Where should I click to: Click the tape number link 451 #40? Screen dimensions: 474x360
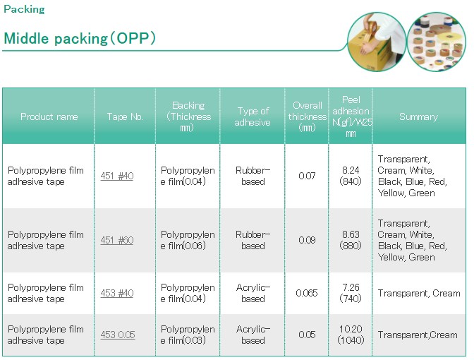click(117, 176)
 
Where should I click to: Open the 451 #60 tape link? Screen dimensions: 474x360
click(117, 240)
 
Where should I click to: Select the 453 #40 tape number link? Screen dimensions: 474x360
click(117, 293)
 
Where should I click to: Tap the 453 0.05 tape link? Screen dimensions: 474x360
click(118, 335)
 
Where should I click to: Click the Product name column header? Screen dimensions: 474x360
click(49, 116)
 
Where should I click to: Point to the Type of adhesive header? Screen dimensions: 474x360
click(253, 116)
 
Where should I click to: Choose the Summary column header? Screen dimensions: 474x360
click(419, 116)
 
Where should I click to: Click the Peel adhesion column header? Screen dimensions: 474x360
click(351, 116)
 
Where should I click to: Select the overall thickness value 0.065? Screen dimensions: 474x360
click(307, 293)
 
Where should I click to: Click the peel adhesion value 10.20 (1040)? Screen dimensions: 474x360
click(351, 335)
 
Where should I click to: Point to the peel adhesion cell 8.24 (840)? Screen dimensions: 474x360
click(351, 176)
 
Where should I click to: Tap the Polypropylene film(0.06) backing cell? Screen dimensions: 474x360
click(188, 240)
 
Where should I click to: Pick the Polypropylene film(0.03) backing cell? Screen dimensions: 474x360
click(188, 335)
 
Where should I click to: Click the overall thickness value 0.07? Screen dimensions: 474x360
click(307, 176)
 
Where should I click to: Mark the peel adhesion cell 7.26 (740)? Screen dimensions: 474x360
click(351, 293)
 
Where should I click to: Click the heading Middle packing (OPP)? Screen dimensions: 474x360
click(80, 38)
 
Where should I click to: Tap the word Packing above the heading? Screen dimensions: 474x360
click(24, 9)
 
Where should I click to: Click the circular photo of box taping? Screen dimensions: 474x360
click(377, 42)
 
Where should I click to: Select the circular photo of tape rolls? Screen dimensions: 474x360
click(437, 42)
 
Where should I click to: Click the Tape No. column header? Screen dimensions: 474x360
click(125, 116)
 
